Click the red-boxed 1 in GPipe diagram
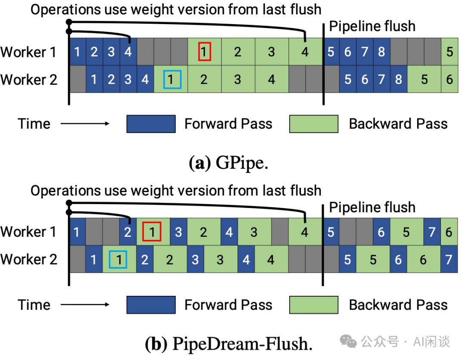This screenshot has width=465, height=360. coord(205,52)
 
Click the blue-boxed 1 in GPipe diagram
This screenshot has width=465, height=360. coord(171,79)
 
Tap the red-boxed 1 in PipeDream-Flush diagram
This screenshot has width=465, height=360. coord(152,232)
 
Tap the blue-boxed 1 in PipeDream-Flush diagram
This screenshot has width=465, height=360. coord(118,260)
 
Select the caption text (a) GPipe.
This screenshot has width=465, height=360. coord(228,164)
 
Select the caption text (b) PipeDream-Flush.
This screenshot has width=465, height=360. coord(229,344)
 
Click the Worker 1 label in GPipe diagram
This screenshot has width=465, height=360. coord(28,52)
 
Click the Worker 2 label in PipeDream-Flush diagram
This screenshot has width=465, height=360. coord(28,260)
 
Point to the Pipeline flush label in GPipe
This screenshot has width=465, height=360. coord(372,26)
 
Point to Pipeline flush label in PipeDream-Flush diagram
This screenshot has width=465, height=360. coord(372,207)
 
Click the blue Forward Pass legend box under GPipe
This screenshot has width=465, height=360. coord(151,124)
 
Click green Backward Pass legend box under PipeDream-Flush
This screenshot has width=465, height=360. coord(313,305)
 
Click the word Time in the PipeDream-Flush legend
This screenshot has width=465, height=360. coord(34,305)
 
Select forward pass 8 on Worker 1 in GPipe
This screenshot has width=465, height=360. coord(381,52)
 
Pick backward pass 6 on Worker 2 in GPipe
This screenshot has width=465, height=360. coord(449,79)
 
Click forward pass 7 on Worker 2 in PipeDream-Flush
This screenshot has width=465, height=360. coord(449,260)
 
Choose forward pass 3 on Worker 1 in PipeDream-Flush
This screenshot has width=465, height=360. coord(178,232)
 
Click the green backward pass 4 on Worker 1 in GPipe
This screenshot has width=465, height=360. coord(305,52)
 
